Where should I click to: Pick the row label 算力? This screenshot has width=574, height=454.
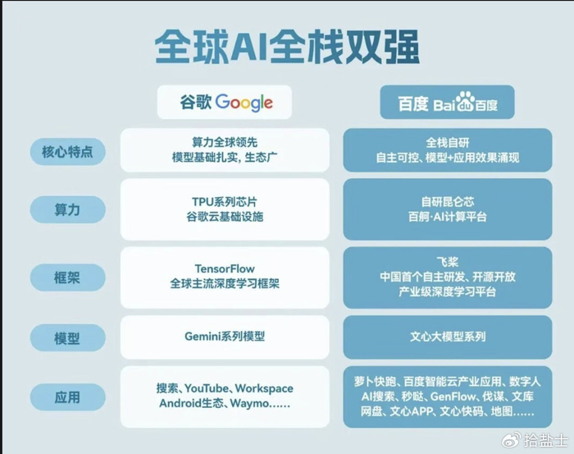[x=67, y=209]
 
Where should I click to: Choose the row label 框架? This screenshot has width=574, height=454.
[x=67, y=278]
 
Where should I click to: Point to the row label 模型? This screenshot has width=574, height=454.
[x=67, y=337]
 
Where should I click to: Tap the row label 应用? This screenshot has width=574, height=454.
[x=67, y=397]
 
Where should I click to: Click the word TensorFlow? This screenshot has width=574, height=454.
[x=225, y=268]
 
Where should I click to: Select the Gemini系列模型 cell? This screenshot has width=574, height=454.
[x=225, y=337]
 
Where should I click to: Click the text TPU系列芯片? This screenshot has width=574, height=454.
[x=225, y=201]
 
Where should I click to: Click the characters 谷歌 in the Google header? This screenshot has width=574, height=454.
[x=197, y=103]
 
